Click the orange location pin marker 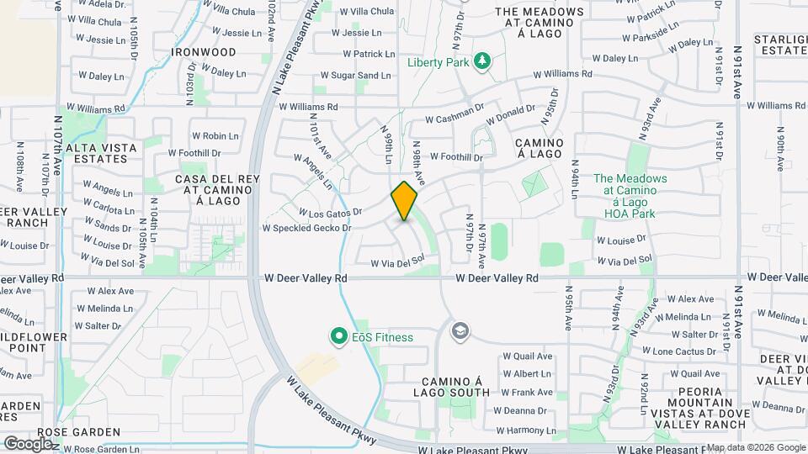point(405,201)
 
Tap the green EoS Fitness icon point(339,337)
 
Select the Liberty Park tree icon point(482,61)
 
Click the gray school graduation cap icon point(460,330)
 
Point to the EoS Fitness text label point(382,338)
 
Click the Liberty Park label point(437,62)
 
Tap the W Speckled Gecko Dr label point(306,228)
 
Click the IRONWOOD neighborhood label point(204,52)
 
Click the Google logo point(28,443)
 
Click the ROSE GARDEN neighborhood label point(79,432)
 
